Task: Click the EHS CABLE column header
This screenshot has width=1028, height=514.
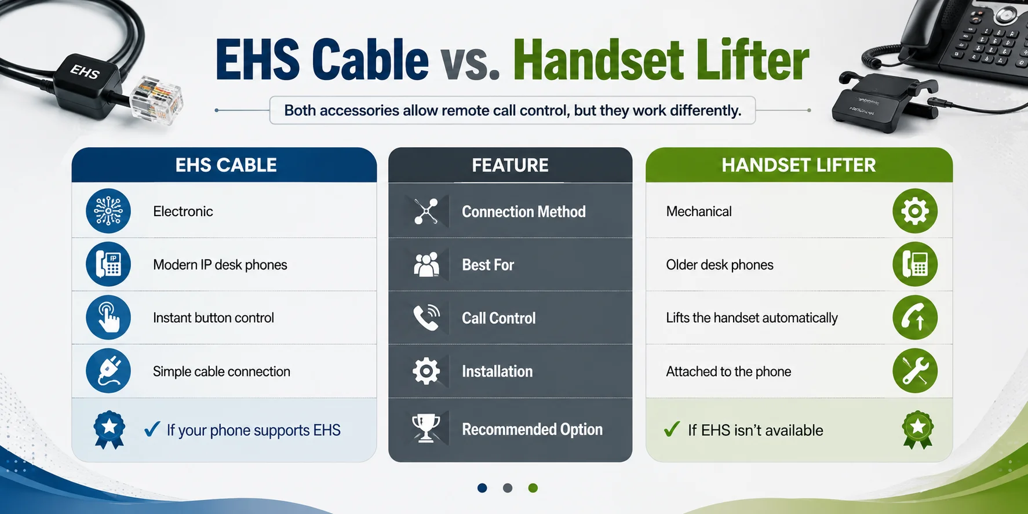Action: (x=226, y=165)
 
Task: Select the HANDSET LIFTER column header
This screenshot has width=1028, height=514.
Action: (x=799, y=165)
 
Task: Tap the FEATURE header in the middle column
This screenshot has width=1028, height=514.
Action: (x=510, y=165)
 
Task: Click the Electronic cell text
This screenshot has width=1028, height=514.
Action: (x=183, y=212)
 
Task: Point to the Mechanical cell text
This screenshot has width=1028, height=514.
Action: (x=699, y=212)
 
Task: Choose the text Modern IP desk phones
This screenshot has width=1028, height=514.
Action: (x=220, y=265)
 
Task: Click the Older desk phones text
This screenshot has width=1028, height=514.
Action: (x=720, y=265)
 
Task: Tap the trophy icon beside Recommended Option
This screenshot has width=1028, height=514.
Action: (x=426, y=429)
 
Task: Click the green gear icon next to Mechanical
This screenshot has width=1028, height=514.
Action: (x=915, y=211)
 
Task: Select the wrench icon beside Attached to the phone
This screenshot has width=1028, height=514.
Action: (x=915, y=371)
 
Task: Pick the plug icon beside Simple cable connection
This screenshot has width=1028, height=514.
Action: (x=108, y=371)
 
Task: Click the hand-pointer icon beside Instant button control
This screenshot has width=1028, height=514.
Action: (x=108, y=318)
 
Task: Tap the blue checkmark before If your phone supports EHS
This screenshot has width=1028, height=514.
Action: (x=152, y=429)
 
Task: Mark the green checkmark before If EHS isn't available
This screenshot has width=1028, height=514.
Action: (x=672, y=429)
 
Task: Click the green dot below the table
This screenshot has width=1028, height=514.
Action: (x=533, y=488)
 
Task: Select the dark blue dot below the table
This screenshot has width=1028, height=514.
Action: (x=482, y=488)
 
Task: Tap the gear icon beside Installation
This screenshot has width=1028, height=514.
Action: (x=426, y=371)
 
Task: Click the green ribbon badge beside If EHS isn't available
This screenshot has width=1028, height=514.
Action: (x=917, y=430)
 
